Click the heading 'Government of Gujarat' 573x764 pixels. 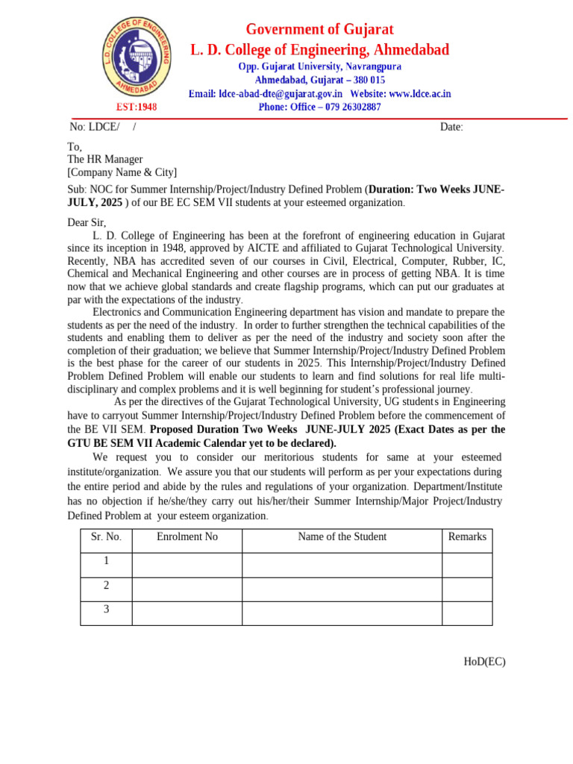pos(320,30)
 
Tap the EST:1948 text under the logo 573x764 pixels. pos(136,107)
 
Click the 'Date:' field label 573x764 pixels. pos(451,128)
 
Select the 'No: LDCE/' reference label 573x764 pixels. pos(94,127)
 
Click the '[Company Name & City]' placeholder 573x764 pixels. pos(122,172)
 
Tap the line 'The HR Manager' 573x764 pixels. pos(105,160)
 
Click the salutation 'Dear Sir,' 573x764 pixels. pos(87,222)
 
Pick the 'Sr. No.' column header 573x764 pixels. pos(107,537)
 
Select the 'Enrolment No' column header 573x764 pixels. pos(187,537)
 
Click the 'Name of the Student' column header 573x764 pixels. pos(342,537)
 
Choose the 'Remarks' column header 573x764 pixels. pos(467,537)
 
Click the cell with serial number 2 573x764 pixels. pos(107,585)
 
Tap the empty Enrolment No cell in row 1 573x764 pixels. pos(187,564)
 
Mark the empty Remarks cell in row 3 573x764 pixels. pos(467,613)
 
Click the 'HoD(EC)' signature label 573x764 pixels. pos(484,662)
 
